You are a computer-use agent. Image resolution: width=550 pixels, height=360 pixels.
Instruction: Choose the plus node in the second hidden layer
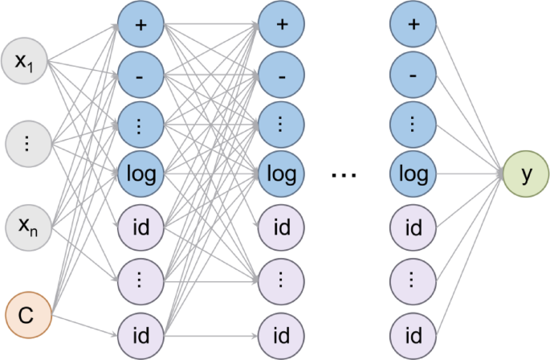[281, 23]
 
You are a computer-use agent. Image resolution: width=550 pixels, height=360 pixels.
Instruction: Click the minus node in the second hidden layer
[281, 73]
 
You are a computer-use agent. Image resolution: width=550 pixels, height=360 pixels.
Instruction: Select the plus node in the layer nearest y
[414, 23]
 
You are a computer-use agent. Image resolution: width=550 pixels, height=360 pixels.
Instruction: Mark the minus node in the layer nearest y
[414, 73]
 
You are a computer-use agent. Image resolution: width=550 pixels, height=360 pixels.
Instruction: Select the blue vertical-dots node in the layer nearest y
[414, 125]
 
